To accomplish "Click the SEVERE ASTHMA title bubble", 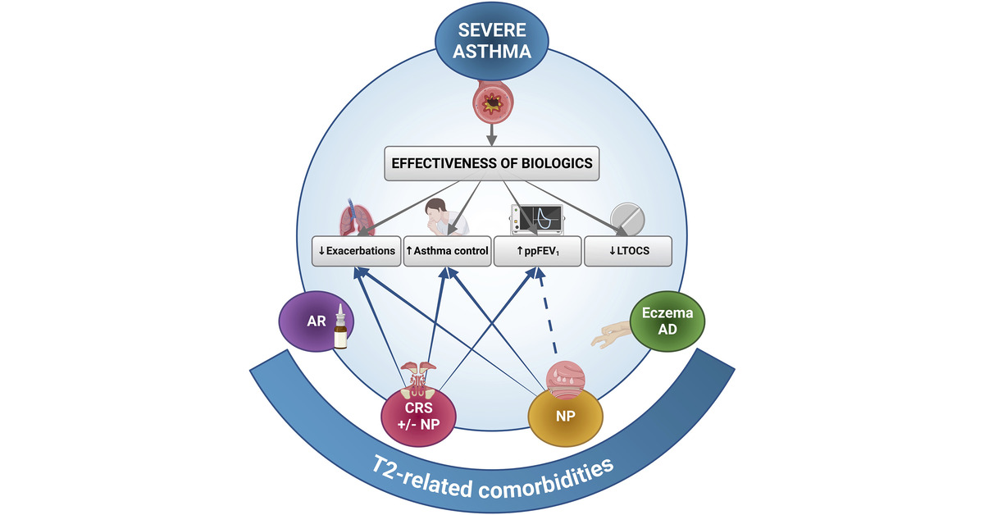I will point(492,43).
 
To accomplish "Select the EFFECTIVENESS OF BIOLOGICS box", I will point(492,162).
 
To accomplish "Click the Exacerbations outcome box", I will point(356,251).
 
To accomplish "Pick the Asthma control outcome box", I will point(447,251).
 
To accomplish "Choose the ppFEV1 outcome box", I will point(537,251).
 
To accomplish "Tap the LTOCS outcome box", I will point(627,251).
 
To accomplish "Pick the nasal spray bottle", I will point(339,330).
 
